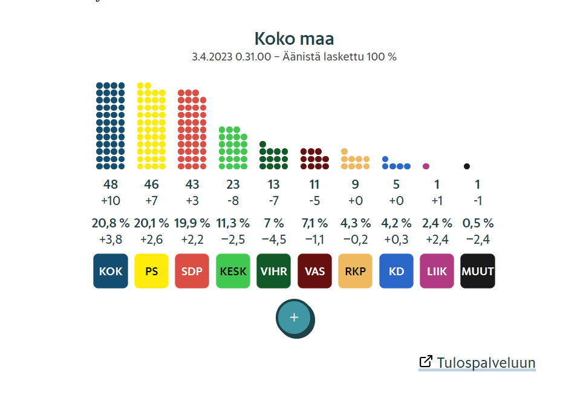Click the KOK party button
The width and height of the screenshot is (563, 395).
(111, 271)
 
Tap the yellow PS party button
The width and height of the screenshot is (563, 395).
(151, 271)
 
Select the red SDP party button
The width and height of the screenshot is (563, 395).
(192, 271)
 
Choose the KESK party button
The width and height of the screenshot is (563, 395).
(233, 271)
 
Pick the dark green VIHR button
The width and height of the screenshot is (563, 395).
(273, 271)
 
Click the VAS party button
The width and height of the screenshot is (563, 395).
(314, 271)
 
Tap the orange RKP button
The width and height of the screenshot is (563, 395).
(355, 271)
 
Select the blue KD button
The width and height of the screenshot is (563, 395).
(396, 271)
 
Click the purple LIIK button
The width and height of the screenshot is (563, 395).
(437, 271)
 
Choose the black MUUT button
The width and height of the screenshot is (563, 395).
(478, 271)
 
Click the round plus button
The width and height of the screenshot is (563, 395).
(295, 318)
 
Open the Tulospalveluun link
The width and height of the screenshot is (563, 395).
(486, 362)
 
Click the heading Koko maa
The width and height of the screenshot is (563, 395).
(294, 39)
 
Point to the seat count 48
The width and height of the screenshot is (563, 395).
(111, 184)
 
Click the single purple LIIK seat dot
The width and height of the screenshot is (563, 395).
(426, 166)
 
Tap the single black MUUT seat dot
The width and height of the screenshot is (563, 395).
(467, 166)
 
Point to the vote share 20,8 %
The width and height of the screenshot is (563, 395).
(111, 223)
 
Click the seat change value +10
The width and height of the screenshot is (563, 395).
(111, 201)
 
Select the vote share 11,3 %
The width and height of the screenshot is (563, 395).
(233, 223)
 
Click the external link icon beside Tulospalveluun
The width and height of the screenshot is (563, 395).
(426, 362)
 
